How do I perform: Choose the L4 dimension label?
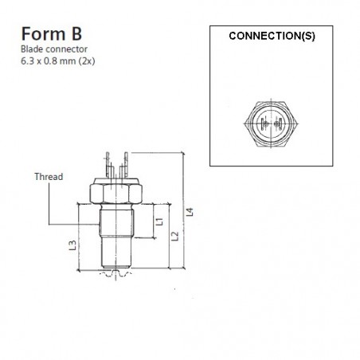pos(189,212)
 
